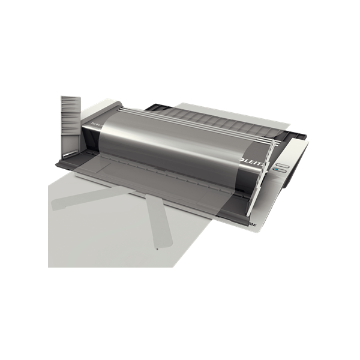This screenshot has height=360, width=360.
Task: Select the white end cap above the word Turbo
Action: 96,114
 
